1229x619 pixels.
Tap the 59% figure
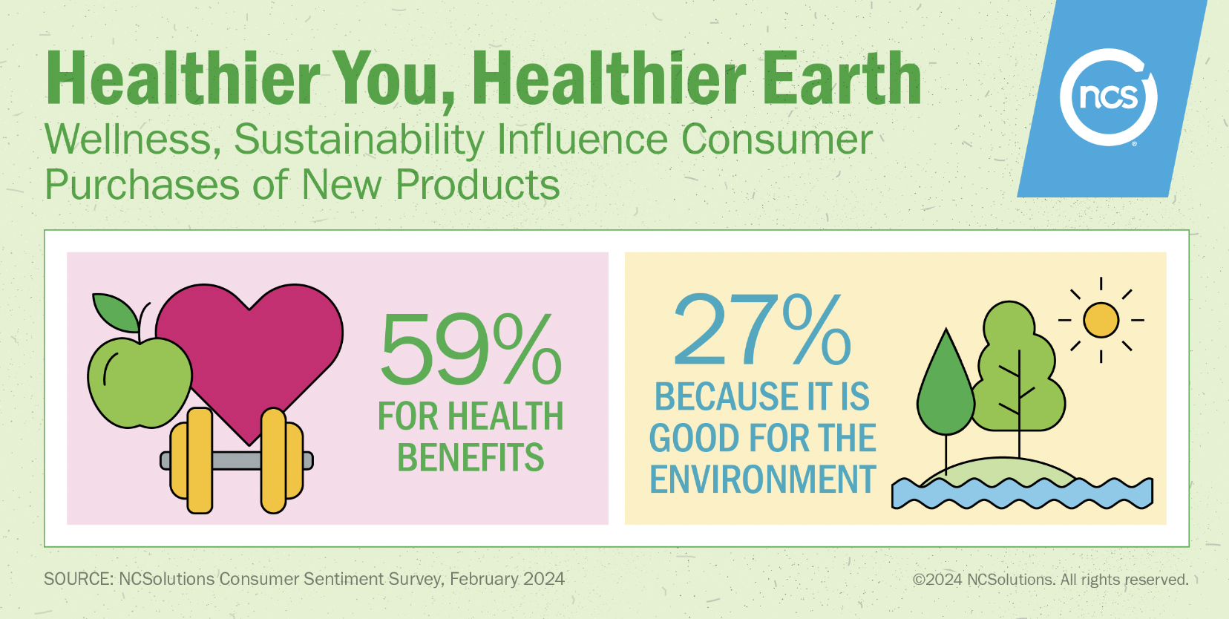tap(471, 350)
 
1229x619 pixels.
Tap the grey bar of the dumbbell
tap(237, 461)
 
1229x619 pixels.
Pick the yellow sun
tap(1101, 320)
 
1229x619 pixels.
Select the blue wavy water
tap(1022, 494)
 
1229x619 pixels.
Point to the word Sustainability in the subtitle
tap(359, 140)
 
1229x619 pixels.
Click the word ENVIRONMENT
tap(763, 479)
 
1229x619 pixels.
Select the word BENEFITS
tap(471, 458)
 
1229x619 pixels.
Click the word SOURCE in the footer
tap(79, 579)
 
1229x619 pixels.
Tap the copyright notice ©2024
tap(937, 580)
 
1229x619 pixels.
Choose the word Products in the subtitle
tap(477, 184)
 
